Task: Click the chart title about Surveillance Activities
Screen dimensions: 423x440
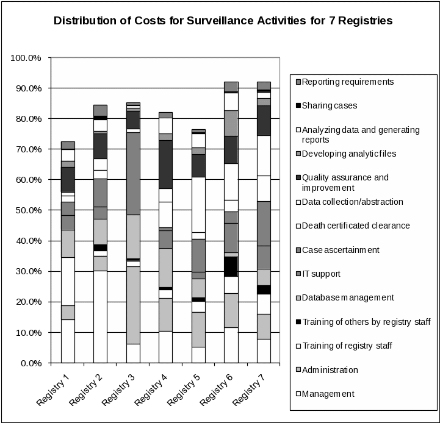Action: click(x=223, y=21)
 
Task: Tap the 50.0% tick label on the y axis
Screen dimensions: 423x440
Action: click(x=26, y=210)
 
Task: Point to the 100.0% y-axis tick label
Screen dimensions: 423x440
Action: click(x=26, y=58)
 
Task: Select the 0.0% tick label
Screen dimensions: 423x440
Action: click(x=29, y=363)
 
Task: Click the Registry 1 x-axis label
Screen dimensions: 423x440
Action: click(x=53, y=389)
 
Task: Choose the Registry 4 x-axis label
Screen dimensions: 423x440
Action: click(x=151, y=389)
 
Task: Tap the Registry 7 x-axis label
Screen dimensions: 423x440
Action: click(x=248, y=389)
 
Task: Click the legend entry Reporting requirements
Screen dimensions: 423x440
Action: click(x=348, y=82)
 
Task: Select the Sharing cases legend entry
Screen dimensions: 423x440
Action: click(x=330, y=105)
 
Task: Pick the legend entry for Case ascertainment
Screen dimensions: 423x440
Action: click(x=341, y=250)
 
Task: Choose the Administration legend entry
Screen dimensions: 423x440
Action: click(x=330, y=370)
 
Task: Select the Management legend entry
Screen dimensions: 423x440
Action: click(x=328, y=394)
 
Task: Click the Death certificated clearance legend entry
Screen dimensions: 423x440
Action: click(x=356, y=226)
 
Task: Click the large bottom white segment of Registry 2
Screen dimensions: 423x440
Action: click(x=100, y=317)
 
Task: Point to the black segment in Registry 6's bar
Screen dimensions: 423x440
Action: click(x=231, y=266)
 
